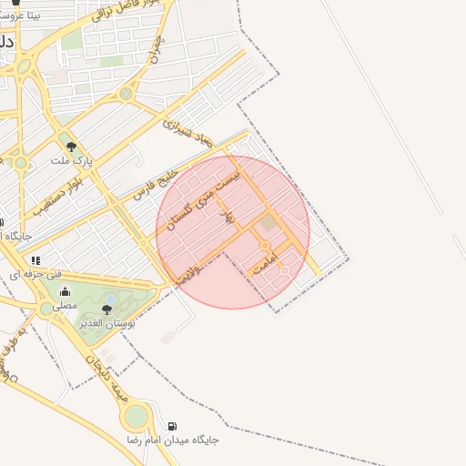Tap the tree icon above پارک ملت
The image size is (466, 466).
70,146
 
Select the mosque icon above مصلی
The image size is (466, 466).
65,292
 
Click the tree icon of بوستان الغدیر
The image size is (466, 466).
106,310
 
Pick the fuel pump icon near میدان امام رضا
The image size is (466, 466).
173,426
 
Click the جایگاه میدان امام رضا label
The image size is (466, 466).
173,440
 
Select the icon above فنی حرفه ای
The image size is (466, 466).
36,260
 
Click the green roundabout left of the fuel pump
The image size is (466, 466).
136,417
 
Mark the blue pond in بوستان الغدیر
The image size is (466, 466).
110,299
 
